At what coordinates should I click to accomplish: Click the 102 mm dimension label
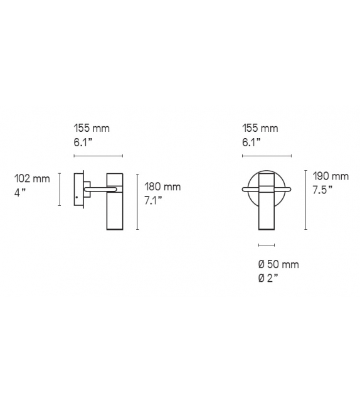(x=32, y=179)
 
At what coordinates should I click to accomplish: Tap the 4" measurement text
(x=19, y=193)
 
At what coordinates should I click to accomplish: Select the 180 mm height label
(x=162, y=186)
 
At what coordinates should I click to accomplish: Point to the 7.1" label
(x=154, y=201)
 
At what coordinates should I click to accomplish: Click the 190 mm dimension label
(x=331, y=176)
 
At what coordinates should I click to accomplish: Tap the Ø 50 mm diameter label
(x=278, y=264)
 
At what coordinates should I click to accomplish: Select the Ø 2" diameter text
(x=268, y=278)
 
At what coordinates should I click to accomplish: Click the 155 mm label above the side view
(x=92, y=128)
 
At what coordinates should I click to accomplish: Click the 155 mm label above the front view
(x=260, y=128)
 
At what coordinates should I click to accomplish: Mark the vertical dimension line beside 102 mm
(x=60, y=190)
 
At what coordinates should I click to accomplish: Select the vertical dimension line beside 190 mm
(x=305, y=200)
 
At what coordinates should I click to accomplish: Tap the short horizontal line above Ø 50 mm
(x=267, y=244)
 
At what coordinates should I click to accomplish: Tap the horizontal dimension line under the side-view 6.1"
(x=98, y=156)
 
